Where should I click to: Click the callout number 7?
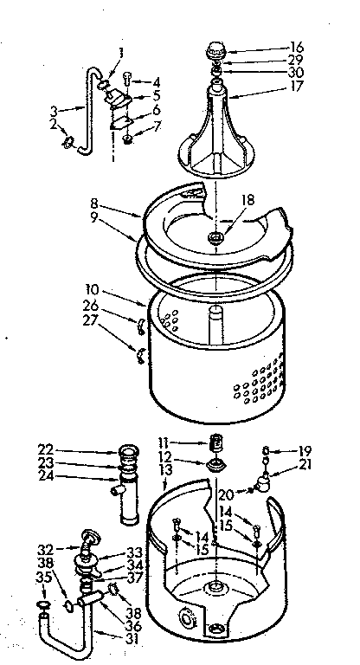coord(157,129)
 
